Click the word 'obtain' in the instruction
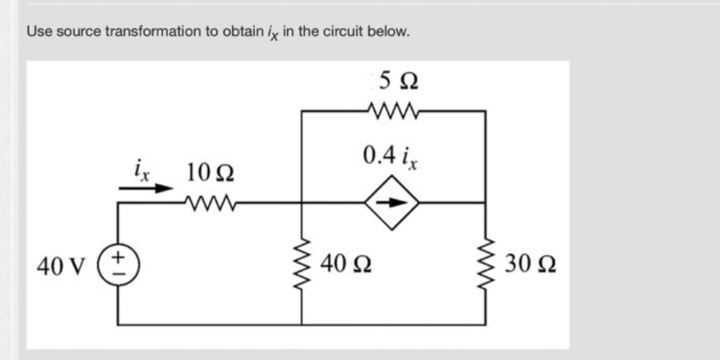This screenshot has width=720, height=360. pyautogui.click(x=228, y=32)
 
